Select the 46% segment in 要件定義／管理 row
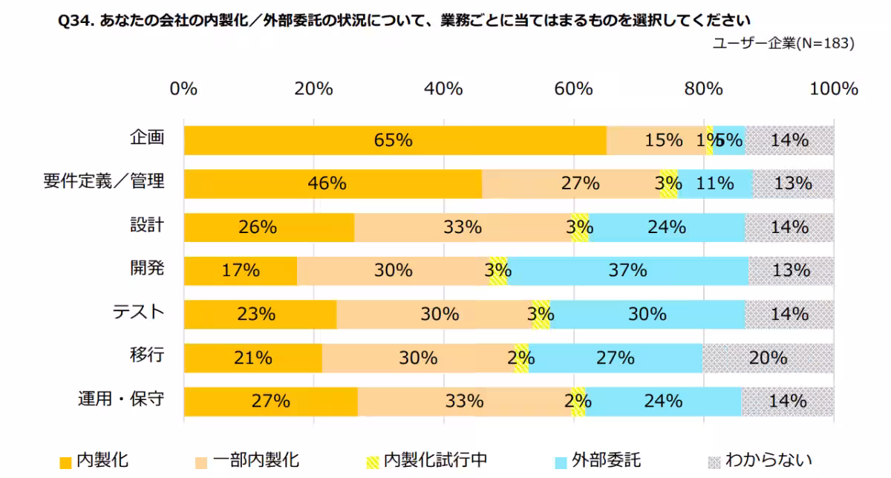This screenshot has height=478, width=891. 333,183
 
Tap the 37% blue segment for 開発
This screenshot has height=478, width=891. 628,271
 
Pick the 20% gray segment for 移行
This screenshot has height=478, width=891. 768,358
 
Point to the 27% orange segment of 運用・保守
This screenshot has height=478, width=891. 270,402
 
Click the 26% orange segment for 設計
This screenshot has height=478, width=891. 269,227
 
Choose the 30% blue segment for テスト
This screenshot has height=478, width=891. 647,314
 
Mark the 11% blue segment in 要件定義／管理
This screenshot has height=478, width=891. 715,183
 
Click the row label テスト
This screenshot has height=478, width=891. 137,312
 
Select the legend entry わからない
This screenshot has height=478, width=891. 760,460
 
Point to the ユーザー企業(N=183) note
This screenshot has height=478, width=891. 783,44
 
